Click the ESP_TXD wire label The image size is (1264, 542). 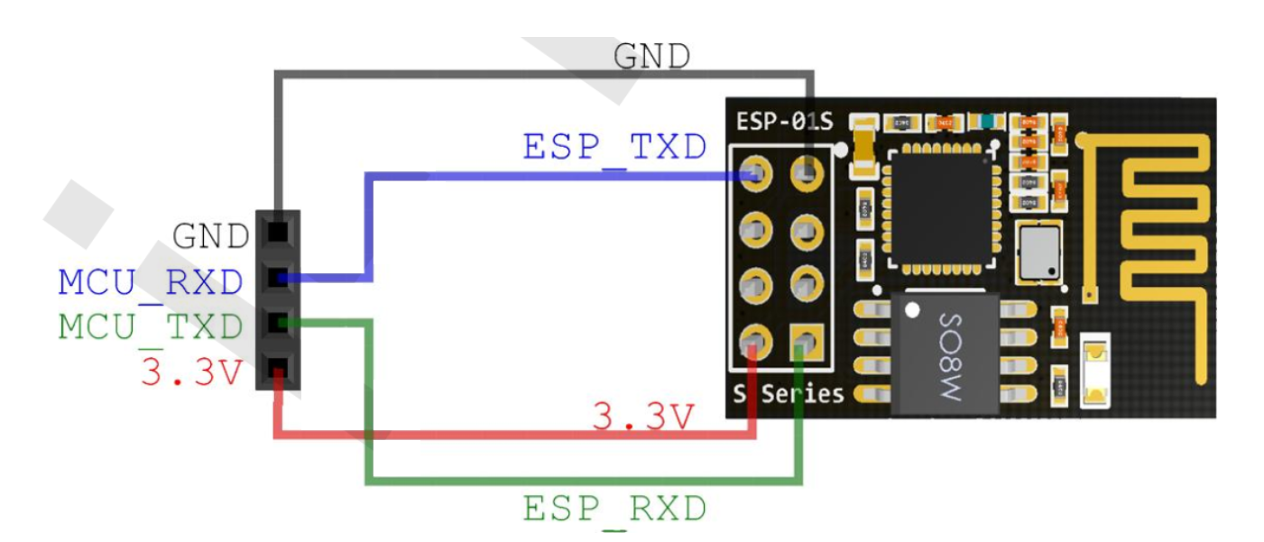click(614, 147)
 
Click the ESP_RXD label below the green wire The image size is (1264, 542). click(614, 510)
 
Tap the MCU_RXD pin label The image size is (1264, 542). click(151, 283)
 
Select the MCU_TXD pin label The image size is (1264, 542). click(151, 326)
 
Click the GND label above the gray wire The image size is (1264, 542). click(651, 56)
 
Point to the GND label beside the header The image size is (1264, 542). click(210, 237)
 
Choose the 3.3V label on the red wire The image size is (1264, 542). click(644, 417)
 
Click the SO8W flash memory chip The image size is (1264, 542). click(946, 354)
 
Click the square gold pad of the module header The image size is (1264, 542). click(806, 341)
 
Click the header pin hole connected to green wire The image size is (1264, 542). click(278, 322)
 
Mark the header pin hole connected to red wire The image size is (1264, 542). click(278, 368)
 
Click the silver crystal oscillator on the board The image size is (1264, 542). click(1038, 252)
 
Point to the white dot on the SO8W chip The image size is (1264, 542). click(912, 312)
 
